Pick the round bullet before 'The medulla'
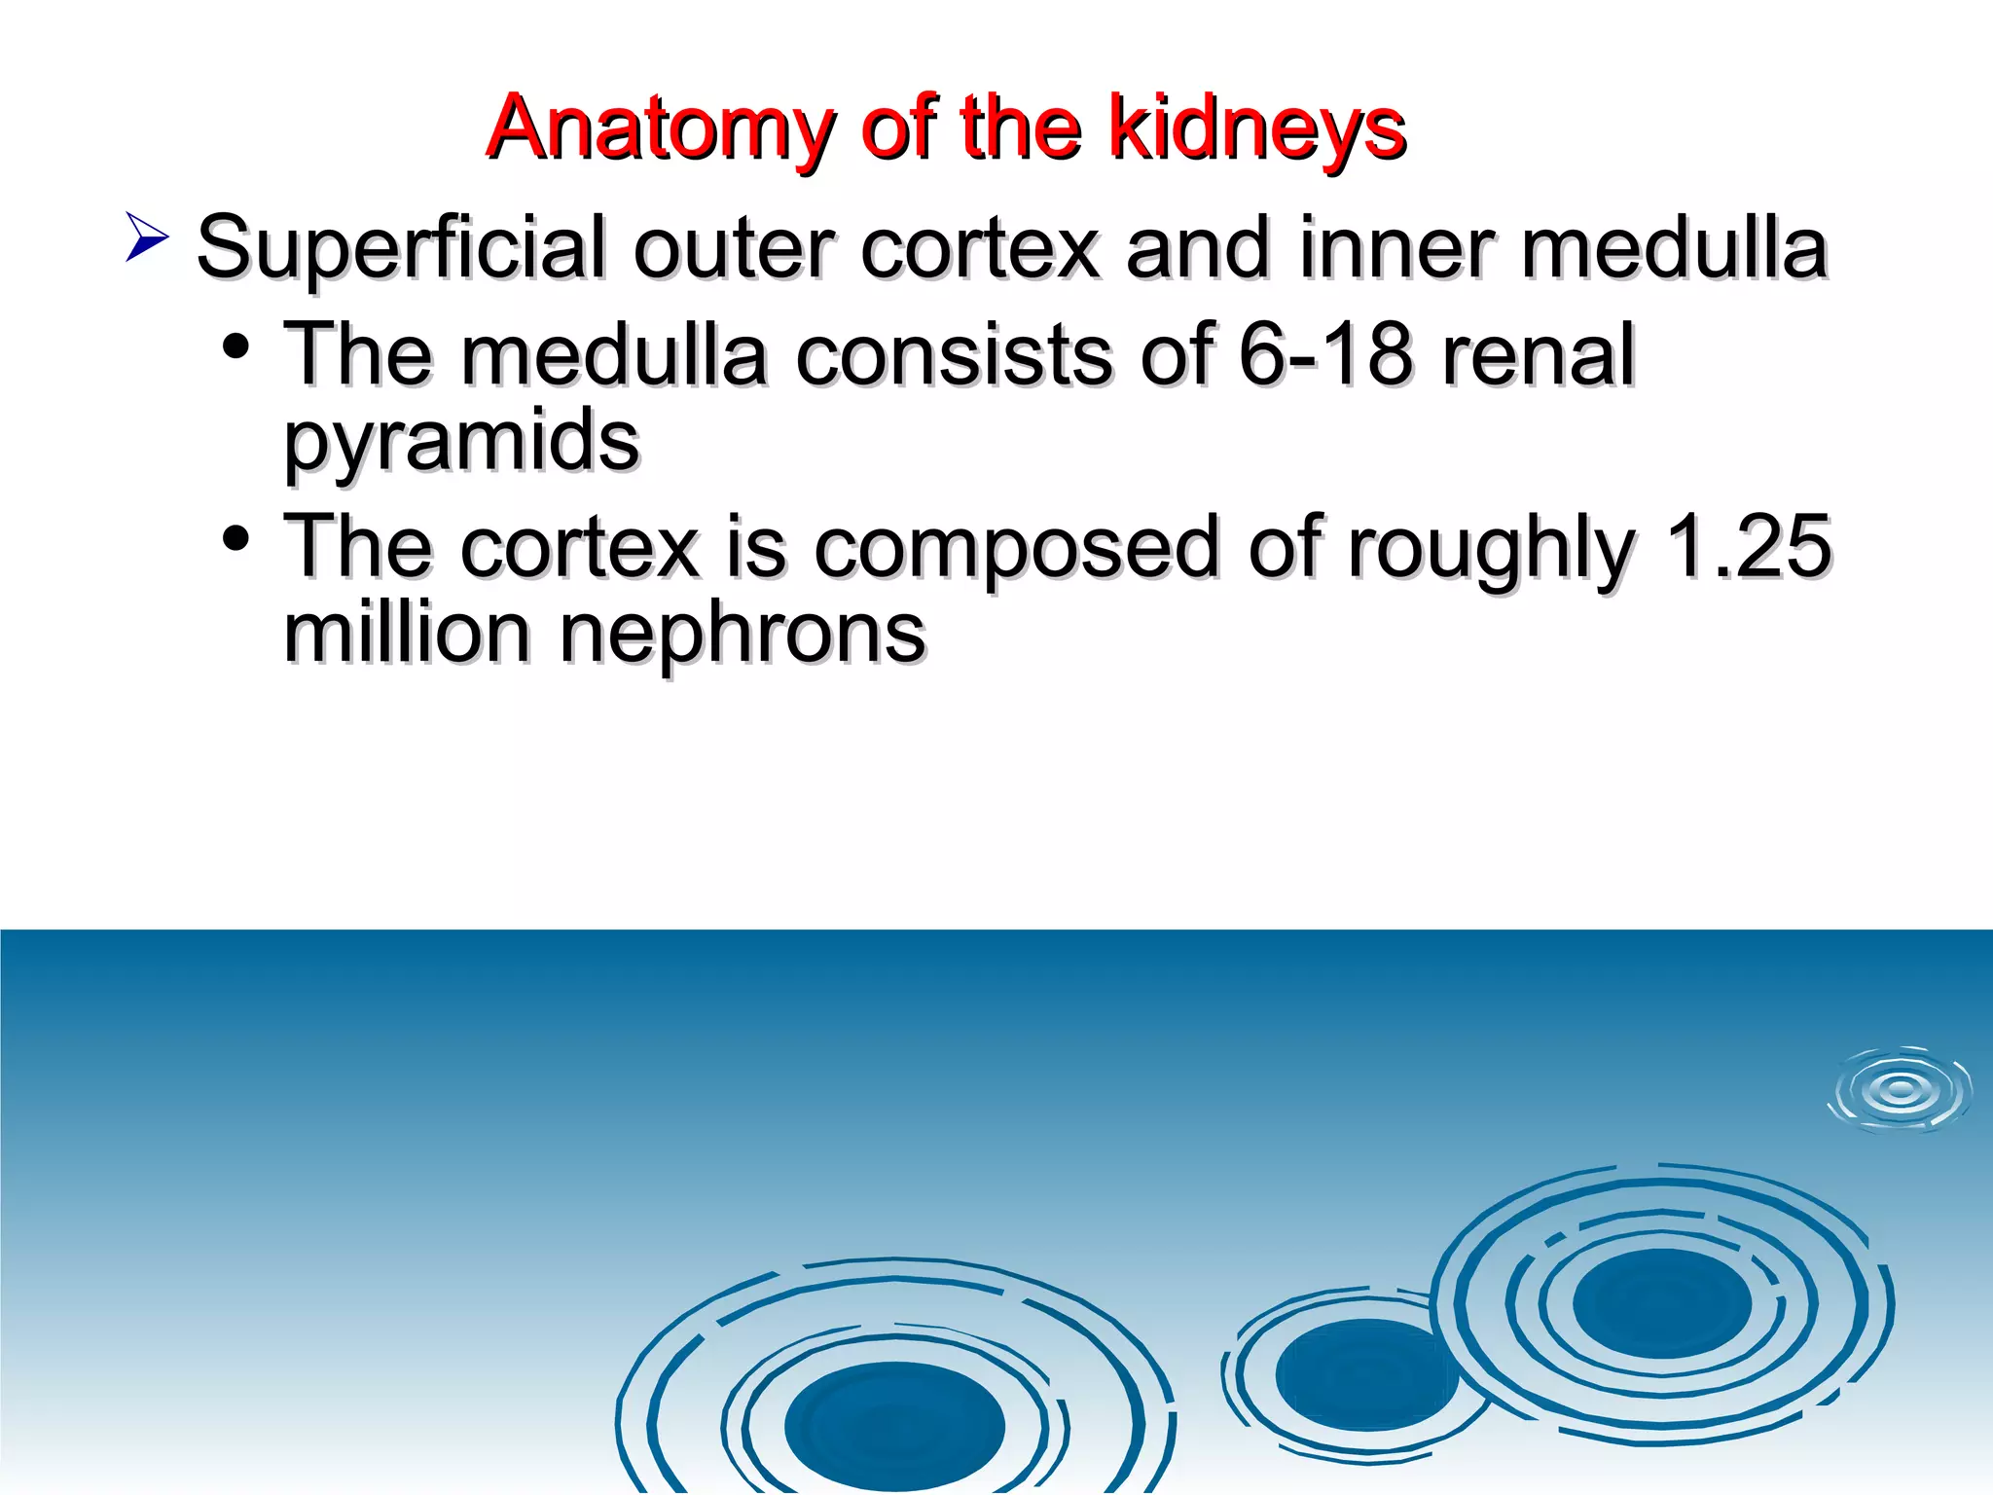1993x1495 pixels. tap(236, 346)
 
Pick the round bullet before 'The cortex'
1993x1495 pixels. tap(236, 538)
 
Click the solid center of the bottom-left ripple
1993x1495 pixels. tap(894, 1426)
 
